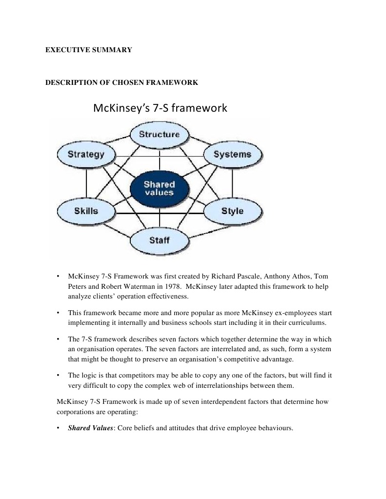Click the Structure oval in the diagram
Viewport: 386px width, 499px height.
pos(159,134)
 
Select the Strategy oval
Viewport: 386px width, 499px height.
pos(86,155)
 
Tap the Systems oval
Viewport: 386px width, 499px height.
pos(232,155)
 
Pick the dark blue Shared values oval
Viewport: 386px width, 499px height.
pos(159,188)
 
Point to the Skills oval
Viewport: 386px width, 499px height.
pos(86,211)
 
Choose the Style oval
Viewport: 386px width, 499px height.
pos(232,211)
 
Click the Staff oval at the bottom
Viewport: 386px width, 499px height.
pos(159,240)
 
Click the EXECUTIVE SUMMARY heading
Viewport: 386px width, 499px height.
pos(89,50)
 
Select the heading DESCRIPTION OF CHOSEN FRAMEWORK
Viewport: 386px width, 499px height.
pos(122,82)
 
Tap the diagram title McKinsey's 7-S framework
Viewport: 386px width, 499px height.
pos(160,108)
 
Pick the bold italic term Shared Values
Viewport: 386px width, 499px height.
pos(90,428)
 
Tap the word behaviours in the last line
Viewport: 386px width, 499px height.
pos(275,428)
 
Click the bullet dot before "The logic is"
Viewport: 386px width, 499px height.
pos(59,375)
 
